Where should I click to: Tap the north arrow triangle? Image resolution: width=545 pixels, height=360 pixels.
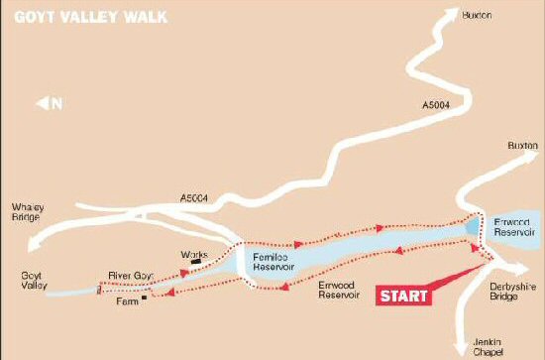click(42, 102)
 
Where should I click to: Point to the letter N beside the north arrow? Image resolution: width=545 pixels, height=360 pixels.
click(57, 102)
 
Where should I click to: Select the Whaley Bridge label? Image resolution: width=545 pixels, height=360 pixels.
click(26, 213)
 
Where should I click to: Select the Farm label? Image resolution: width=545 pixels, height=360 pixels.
click(126, 298)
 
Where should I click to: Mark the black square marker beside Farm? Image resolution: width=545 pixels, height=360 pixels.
click(145, 297)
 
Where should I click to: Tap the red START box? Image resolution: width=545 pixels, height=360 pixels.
click(404, 296)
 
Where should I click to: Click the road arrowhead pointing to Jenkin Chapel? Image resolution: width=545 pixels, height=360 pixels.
click(459, 347)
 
